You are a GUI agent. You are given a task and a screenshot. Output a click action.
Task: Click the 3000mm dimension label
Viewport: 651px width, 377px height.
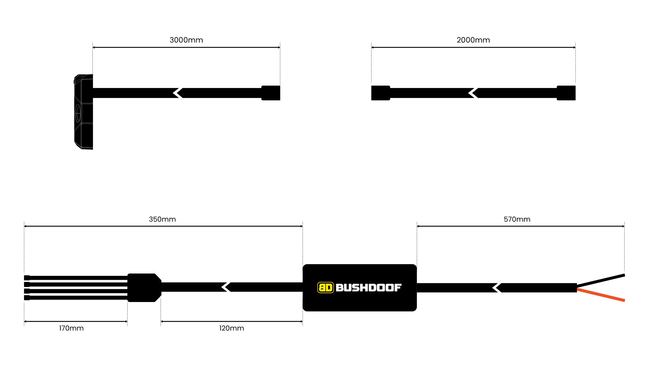[x=186, y=40]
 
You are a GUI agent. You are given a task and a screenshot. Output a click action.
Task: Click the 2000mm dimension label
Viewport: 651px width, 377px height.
[x=473, y=40]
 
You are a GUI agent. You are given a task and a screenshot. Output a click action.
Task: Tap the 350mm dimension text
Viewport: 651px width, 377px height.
[x=162, y=219]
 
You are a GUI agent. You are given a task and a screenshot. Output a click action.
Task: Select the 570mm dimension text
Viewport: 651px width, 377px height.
[x=517, y=219]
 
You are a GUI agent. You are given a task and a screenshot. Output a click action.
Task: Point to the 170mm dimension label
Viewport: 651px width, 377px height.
[x=71, y=328]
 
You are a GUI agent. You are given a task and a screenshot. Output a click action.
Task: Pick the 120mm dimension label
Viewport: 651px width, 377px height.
[x=232, y=328]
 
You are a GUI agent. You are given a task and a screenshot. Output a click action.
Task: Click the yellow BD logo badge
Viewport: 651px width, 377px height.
[x=325, y=287]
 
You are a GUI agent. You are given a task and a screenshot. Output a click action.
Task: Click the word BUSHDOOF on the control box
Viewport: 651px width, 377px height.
[x=368, y=287]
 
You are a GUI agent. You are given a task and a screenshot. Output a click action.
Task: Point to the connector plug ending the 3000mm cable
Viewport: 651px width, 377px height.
[x=271, y=93]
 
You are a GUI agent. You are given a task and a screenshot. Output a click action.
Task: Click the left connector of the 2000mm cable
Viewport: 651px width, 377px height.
[x=381, y=93]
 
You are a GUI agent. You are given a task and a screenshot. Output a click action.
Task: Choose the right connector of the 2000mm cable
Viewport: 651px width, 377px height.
[x=566, y=93]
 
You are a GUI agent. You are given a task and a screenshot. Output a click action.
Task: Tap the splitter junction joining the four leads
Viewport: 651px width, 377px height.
[x=144, y=287]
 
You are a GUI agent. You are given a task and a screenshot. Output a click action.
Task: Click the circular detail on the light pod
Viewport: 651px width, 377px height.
[x=78, y=113]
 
